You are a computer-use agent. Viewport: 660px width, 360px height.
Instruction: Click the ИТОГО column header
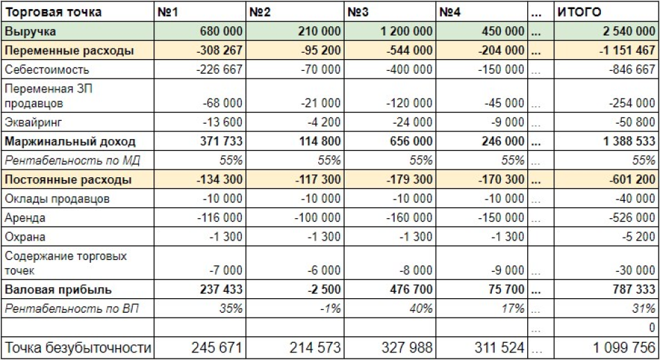581,12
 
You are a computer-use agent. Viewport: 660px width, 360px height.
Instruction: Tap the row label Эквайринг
33,122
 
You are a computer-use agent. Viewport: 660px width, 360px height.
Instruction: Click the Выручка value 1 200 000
406,31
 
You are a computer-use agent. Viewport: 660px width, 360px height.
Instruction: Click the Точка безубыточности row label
78,347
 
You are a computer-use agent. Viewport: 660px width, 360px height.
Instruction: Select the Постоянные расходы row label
68,180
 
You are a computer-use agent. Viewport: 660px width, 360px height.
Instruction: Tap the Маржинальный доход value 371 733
221,141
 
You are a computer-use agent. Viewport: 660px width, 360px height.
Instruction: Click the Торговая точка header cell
53,12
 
